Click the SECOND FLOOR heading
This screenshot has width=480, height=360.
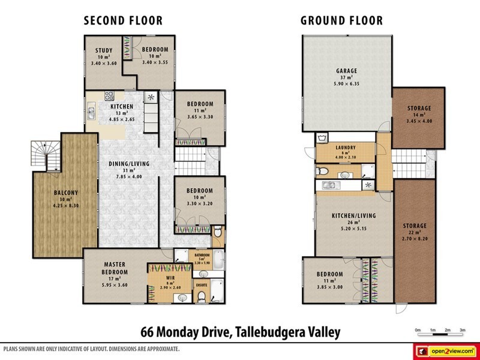(x=123, y=21)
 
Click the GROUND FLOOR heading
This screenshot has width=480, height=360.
(x=341, y=21)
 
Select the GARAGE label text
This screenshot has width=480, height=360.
(x=346, y=71)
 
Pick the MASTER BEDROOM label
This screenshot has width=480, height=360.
(x=114, y=268)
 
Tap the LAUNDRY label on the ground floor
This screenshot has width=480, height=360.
(x=346, y=148)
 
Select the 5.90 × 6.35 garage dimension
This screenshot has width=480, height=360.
(x=346, y=85)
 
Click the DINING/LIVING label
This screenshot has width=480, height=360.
(x=128, y=164)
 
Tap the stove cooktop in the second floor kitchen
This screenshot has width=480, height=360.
(x=110, y=95)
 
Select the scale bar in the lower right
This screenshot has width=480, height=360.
(x=440, y=333)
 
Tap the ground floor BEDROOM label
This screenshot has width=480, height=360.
(x=329, y=274)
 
